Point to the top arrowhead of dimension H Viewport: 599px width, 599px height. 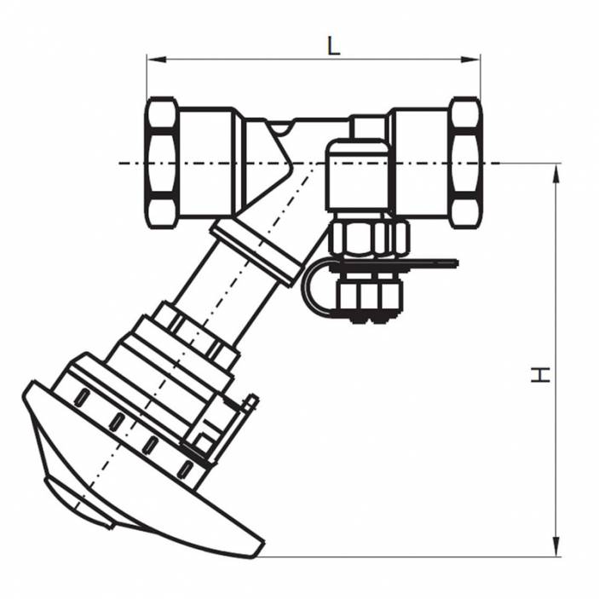[x=556, y=171]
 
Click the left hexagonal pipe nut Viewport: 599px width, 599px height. [x=162, y=163]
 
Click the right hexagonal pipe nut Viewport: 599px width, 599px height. [x=465, y=163]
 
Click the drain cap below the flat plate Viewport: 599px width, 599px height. [x=369, y=298]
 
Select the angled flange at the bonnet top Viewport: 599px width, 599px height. [x=256, y=251]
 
